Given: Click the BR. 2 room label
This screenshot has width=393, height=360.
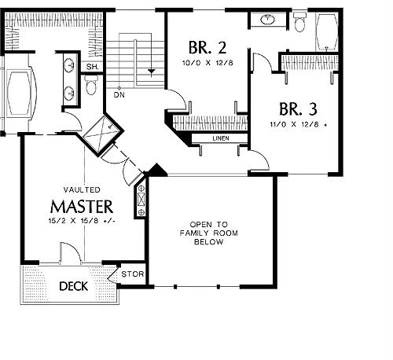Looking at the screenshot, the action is coord(208,47).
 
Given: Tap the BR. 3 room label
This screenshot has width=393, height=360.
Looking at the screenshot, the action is coord(298,109).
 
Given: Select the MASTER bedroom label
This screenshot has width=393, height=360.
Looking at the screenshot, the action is coord(82,207).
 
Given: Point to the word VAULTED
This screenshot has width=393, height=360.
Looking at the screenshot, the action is coord(82,189).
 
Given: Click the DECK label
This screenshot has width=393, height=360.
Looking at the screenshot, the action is coord(74,286).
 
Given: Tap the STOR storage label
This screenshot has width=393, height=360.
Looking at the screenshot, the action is coord(133,274).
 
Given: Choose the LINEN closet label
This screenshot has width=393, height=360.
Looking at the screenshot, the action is coord(221,138).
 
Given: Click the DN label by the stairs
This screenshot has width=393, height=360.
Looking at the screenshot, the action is coord(119,95).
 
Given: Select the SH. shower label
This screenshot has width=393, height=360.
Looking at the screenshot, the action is coord(93,67).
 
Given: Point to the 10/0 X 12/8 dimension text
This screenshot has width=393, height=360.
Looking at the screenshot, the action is coord(208,63).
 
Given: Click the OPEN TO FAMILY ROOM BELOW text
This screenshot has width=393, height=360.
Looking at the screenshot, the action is coord(209,233).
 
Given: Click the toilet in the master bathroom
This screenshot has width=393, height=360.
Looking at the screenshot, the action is coord(91,85).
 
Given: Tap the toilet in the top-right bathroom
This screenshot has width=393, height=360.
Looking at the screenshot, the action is coord(299,22).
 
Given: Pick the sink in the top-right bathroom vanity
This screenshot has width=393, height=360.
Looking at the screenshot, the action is coord(267,20).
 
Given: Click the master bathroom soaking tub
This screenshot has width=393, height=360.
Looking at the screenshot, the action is coord(19,94).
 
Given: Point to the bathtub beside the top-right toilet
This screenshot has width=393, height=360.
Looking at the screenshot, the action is coord(327,31).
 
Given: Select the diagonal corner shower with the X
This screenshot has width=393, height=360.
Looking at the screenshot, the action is coord(103,134).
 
